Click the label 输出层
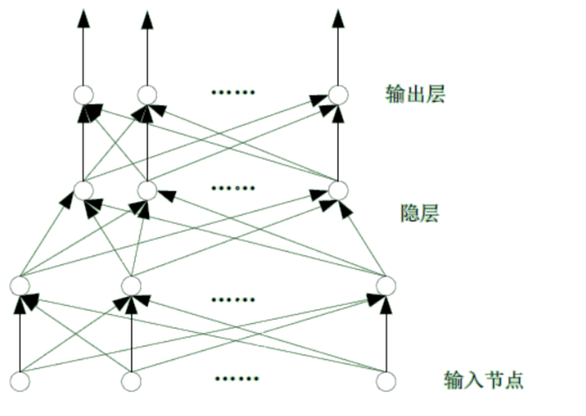point(415,94)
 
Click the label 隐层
point(420,214)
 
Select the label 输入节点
point(483,379)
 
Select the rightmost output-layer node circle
point(337,95)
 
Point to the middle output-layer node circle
point(147,95)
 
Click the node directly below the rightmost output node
point(337,190)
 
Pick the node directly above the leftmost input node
point(20,285)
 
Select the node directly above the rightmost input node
point(386,285)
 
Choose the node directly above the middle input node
point(131,285)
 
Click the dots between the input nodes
point(235,378)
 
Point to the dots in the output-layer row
point(233,92)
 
